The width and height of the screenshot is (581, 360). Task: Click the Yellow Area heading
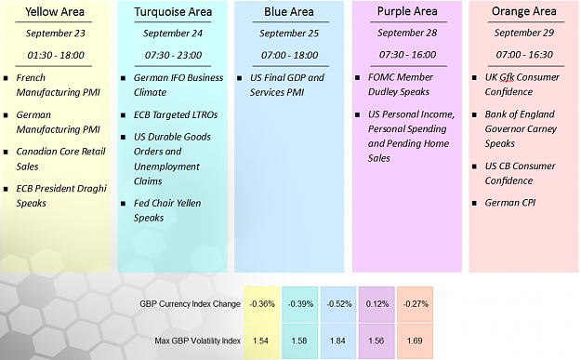[x=55, y=12]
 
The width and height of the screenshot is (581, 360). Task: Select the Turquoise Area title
[x=173, y=12]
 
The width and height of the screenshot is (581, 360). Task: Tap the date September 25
[x=289, y=33]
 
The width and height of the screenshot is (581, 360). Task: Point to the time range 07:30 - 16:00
[x=407, y=55]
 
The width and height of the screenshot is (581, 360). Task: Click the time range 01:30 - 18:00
[x=56, y=55]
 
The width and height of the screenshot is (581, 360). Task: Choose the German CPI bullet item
[x=510, y=203]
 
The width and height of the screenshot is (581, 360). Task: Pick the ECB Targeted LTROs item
[x=176, y=115]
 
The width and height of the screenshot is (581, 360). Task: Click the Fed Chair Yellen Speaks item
[x=167, y=210]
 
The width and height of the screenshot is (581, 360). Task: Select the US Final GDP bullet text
[x=287, y=85]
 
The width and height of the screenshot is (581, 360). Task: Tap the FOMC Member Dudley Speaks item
[x=400, y=85]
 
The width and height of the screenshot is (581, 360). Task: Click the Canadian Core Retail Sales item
[x=61, y=159]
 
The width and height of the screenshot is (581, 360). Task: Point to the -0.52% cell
[x=338, y=304]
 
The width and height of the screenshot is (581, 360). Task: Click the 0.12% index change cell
[x=376, y=304]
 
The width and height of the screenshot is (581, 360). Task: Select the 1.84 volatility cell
[x=338, y=341]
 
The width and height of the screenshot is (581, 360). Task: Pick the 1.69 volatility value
[x=415, y=341]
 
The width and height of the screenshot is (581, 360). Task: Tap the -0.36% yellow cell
[x=262, y=304]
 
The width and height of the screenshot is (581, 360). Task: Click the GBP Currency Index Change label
[x=190, y=304]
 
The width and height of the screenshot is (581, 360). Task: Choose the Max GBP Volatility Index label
[x=198, y=340]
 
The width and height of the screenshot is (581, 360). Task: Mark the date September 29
[x=524, y=33]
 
